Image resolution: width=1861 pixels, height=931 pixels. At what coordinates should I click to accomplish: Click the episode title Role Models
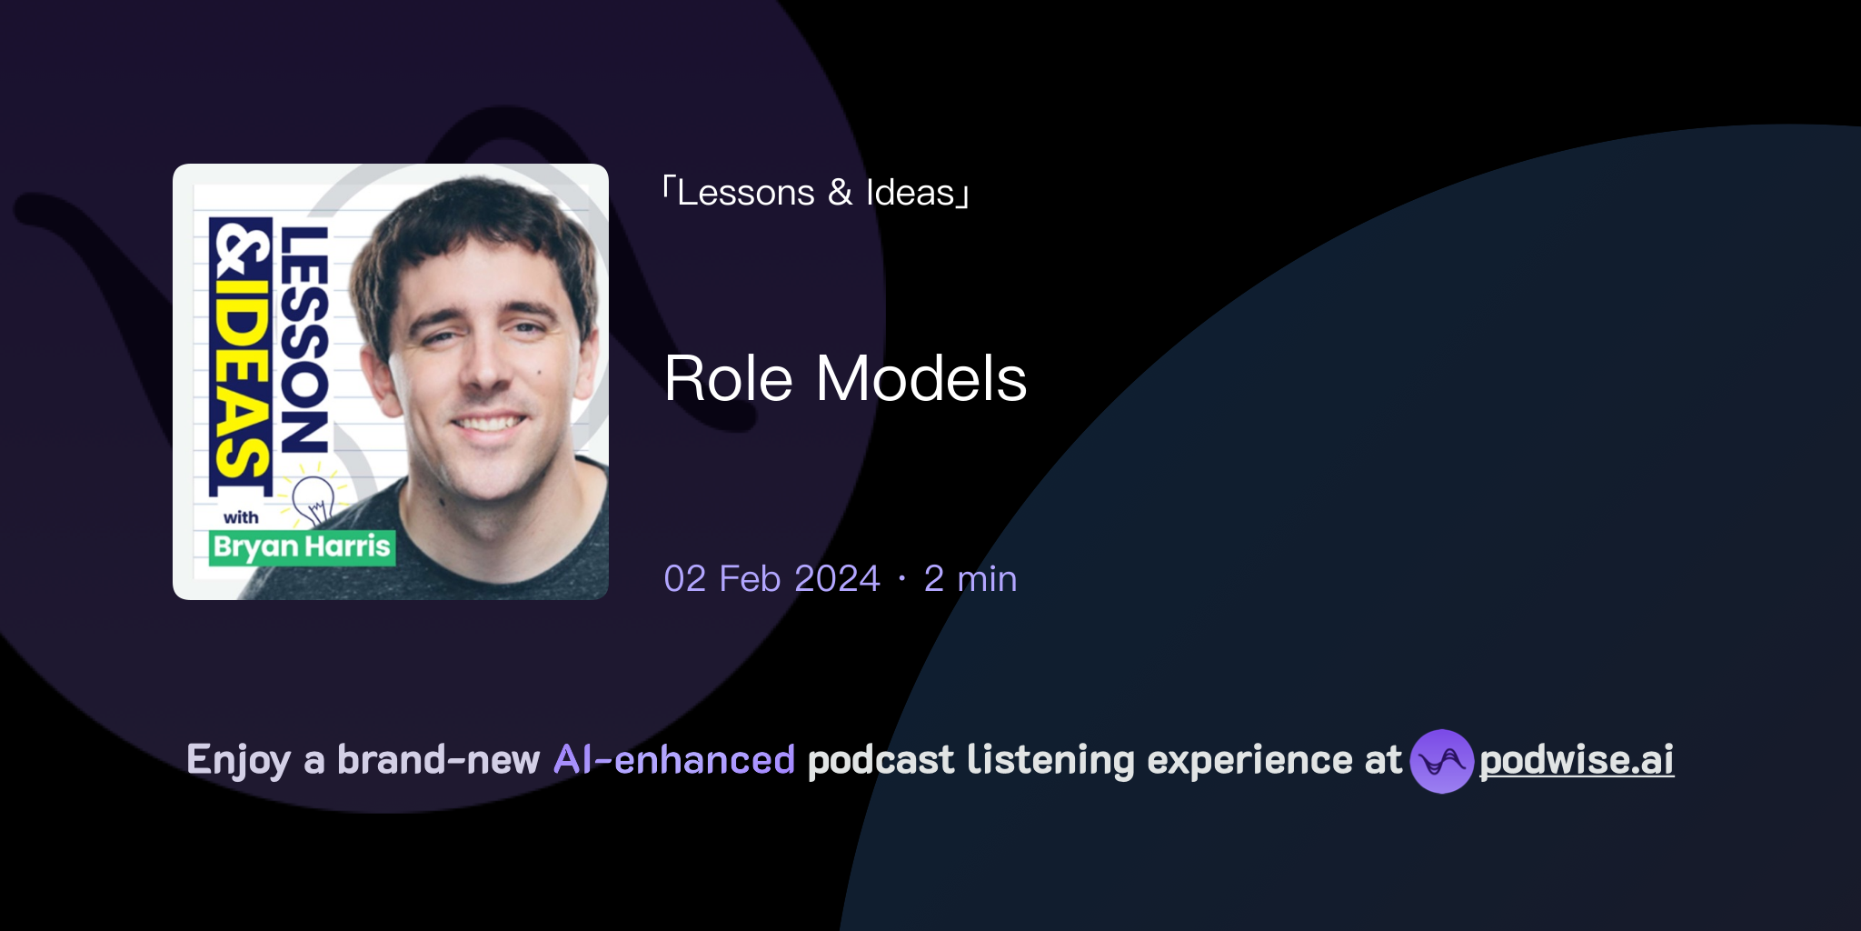(x=845, y=378)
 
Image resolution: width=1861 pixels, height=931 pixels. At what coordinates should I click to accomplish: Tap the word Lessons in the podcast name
(x=745, y=193)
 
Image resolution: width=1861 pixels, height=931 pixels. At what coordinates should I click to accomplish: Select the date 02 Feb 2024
(x=771, y=579)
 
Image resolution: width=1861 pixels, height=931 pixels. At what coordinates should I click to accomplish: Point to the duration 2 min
(x=970, y=579)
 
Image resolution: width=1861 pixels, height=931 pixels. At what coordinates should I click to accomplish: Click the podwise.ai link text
(x=1577, y=760)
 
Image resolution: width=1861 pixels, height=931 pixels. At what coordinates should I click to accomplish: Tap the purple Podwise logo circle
(x=1441, y=761)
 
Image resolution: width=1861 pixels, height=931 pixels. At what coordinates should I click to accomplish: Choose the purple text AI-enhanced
(x=674, y=760)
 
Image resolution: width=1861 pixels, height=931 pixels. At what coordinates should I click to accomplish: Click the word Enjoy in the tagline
(x=239, y=760)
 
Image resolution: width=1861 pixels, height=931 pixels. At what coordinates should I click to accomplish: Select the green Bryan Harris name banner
(x=302, y=547)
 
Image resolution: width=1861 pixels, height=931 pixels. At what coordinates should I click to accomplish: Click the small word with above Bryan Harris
(x=241, y=517)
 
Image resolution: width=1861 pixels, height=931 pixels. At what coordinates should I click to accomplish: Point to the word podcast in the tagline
(x=881, y=760)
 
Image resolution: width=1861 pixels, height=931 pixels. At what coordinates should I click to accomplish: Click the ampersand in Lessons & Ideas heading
(x=840, y=193)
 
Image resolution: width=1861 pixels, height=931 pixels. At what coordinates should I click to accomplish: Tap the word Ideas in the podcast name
(x=910, y=193)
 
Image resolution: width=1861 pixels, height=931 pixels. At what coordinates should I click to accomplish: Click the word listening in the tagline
(x=1050, y=760)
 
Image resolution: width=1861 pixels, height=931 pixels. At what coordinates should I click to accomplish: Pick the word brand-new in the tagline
(x=438, y=760)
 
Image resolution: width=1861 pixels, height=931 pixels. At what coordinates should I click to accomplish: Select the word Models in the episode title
(x=921, y=378)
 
